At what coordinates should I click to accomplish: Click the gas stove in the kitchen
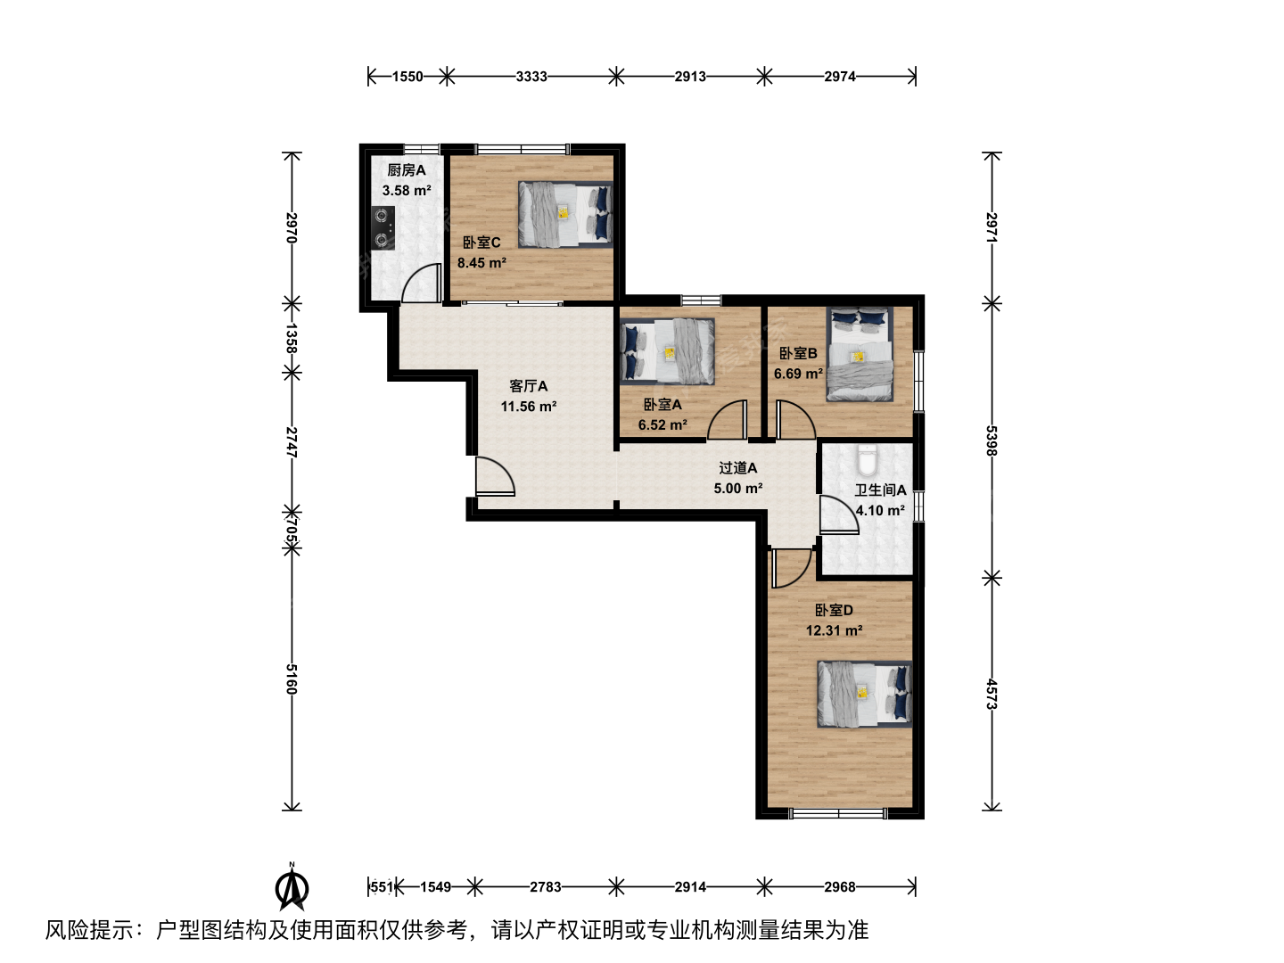coord(383,228)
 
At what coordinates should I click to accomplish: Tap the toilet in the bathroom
coord(867,460)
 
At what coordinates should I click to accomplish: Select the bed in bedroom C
coord(565,215)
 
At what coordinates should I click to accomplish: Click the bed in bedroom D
coord(865,694)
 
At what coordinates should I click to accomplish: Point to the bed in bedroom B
coord(860,355)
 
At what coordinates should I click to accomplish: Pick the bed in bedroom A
coord(668,351)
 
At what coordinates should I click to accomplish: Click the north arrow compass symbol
coord(292,886)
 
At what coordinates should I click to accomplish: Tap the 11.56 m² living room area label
coord(528,407)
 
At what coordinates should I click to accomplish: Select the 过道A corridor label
coord(738,468)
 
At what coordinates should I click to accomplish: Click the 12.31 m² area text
coord(835,630)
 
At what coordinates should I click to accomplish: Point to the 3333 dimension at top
coord(531,77)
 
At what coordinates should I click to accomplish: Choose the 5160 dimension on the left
coord(292,679)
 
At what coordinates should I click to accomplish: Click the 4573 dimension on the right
coord(992,694)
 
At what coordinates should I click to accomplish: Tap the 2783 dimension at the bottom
coord(545,887)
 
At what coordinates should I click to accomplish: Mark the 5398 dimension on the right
coord(992,440)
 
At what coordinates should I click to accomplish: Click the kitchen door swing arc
coord(421,283)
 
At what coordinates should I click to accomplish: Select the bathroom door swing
coord(839,514)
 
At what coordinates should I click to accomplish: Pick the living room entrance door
coord(496,476)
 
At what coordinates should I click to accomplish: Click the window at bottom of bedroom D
coord(837,813)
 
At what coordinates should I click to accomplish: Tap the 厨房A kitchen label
coord(407,170)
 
